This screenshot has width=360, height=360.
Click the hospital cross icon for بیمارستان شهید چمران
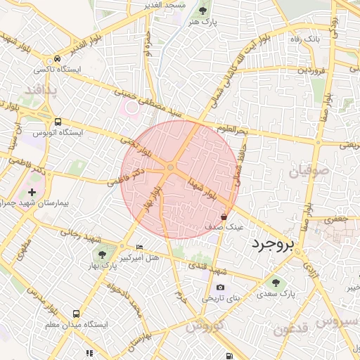coord(31,191)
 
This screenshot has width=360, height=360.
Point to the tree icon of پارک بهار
coord(103,254)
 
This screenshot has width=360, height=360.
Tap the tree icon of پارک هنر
coord(203,11)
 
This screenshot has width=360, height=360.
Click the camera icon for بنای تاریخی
coord(221,287)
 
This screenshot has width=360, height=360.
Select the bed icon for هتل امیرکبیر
coord(139,247)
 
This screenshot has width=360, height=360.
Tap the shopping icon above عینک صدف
coord(224,217)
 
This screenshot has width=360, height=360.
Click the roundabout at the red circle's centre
coord(171,167)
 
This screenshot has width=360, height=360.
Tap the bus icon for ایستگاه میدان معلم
coord(76,314)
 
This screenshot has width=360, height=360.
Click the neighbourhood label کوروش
coord(205,326)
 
